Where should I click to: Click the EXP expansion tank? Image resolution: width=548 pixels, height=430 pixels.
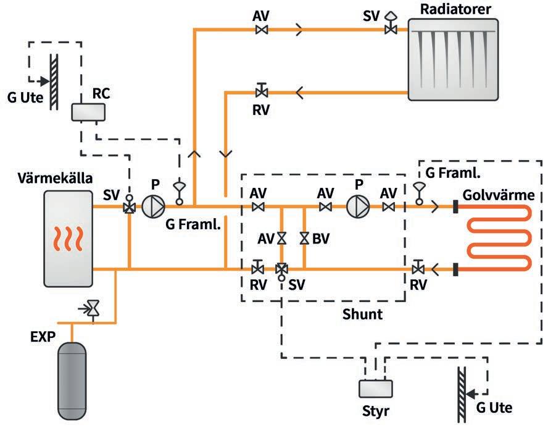[79, 379]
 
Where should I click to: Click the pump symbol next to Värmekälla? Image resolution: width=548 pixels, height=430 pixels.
[152, 206]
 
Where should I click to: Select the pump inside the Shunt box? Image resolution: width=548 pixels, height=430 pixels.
[356, 206]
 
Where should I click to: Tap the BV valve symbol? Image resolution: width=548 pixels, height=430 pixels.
[304, 238]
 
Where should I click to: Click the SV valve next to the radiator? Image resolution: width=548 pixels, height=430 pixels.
[389, 28]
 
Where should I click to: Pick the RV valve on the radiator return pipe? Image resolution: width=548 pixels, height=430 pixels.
[262, 92]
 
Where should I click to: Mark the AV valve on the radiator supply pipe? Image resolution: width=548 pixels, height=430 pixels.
[262, 30]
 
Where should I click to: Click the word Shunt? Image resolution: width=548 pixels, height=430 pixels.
[362, 314]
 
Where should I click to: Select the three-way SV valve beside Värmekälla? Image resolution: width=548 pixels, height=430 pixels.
[130, 207]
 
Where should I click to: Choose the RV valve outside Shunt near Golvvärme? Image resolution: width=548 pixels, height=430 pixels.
[418, 268]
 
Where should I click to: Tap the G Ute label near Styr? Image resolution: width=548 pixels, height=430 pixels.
[494, 408]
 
